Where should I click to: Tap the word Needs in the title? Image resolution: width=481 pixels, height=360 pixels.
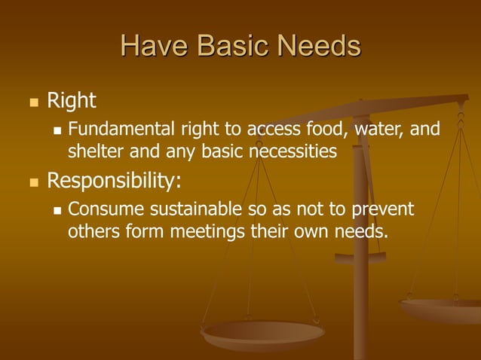coord(320,47)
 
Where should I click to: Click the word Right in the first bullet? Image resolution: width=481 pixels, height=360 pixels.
coord(72,100)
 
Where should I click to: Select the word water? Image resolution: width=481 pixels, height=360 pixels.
coord(379,130)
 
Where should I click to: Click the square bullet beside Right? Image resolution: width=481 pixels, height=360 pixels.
coord(33,101)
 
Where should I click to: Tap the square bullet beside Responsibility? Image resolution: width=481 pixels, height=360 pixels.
coord(33,182)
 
